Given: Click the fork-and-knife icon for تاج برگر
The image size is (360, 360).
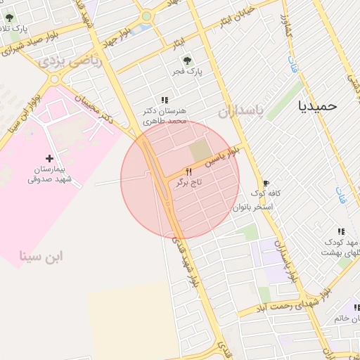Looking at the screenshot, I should (188, 172).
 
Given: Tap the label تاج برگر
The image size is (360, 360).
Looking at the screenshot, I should (188, 183).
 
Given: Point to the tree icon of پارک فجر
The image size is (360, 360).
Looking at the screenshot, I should (186, 60).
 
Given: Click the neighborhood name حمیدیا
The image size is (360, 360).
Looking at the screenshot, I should (318, 105).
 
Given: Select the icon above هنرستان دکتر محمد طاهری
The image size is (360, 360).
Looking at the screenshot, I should (165, 100).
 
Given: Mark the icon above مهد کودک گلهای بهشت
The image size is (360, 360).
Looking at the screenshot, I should (341, 231).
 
